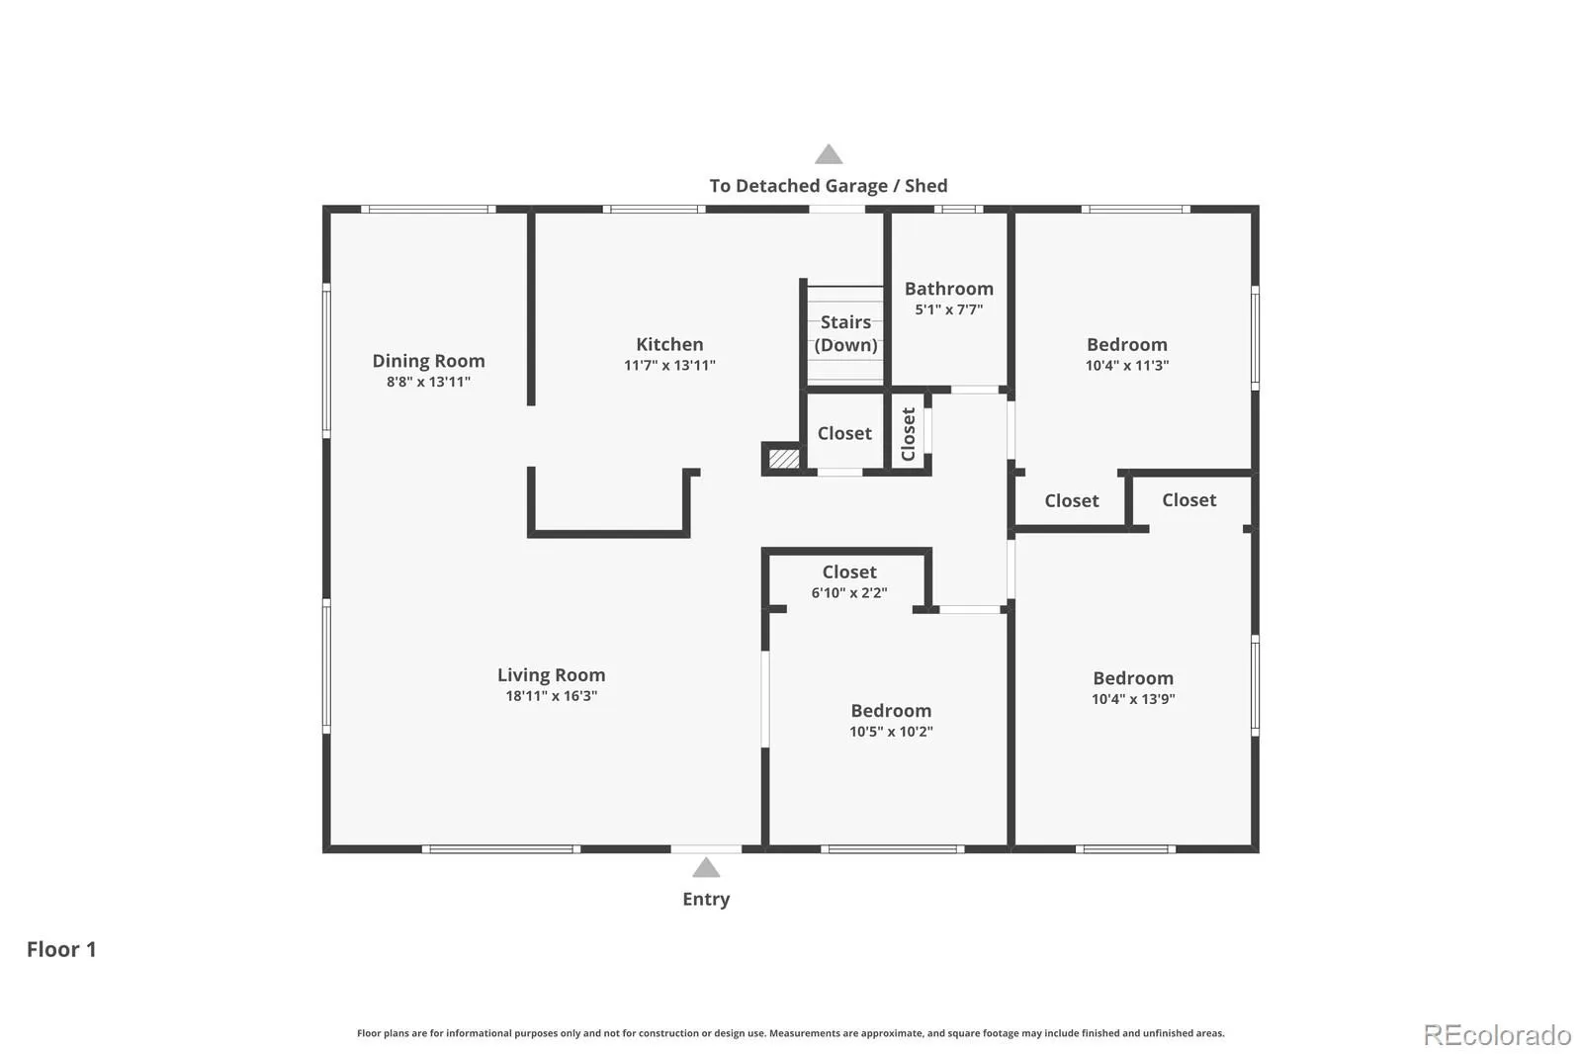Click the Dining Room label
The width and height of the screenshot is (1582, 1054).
429,361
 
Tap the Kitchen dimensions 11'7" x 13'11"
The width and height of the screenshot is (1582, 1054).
669,365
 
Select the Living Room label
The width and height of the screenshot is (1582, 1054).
551,675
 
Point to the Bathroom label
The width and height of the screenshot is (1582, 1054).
948,289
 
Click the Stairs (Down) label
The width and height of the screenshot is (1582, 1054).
845,333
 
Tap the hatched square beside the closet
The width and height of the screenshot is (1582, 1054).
784,459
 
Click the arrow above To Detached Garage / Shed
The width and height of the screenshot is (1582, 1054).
829,154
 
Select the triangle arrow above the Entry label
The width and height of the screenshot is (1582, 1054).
706,867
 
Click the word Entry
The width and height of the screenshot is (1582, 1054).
706,900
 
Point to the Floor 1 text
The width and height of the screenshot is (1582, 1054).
61,949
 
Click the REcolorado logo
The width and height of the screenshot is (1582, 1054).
1497,1035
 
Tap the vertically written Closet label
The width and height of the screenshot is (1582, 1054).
909,434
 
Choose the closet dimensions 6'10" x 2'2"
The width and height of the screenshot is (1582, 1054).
849,592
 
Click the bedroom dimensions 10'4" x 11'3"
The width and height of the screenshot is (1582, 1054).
1127,365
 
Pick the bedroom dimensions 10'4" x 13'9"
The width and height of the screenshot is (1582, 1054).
1133,699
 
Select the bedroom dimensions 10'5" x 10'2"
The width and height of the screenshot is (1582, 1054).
891,731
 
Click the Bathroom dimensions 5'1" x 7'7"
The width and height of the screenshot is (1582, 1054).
949,309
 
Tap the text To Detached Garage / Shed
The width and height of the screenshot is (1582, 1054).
829,186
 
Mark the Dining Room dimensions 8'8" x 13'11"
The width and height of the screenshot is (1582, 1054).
429,382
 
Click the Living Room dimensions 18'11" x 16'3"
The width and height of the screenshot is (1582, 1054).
552,696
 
